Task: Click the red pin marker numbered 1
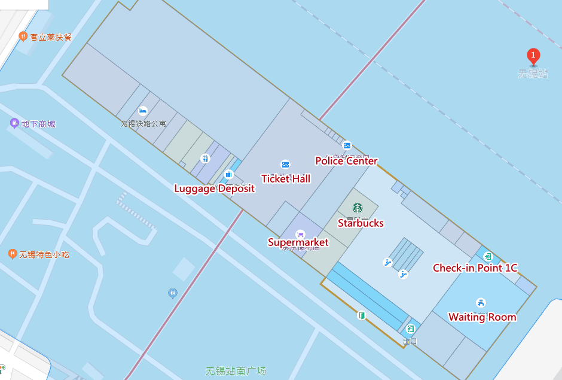tap(533, 56)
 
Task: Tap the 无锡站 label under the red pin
tap(533, 74)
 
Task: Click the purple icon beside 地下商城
tap(14, 123)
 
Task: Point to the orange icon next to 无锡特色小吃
tap(12, 254)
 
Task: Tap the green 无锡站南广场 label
tap(236, 370)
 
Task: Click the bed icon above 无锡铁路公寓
tap(142, 111)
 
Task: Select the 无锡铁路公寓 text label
tap(143, 124)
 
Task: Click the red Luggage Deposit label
tap(214, 189)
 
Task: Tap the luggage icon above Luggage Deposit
tap(228, 175)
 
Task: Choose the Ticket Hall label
tap(286, 178)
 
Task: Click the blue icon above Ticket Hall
tap(285, 165)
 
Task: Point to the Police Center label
tap(346, 161)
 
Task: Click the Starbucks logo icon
tap(358, 208)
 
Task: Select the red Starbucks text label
tap(361, 223)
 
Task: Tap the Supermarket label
tap(298, 242)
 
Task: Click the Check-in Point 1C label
tap(475, 268)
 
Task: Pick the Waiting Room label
tap(482, 317)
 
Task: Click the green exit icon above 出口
tap(410, 329)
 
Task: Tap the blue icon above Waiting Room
tap(480, 302)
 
